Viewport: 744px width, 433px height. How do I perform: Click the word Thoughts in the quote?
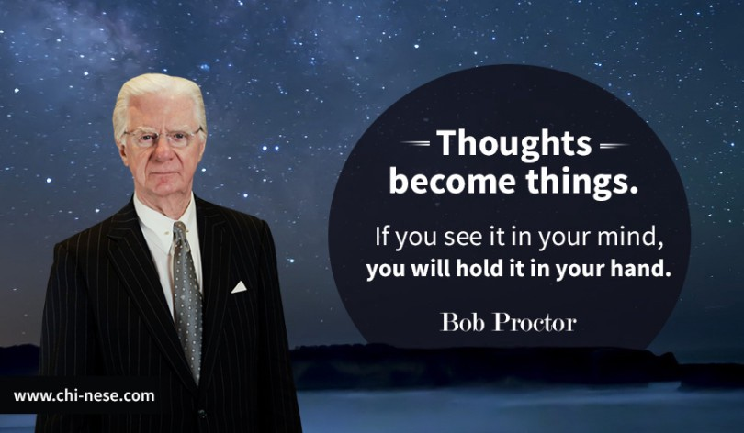(514, 143)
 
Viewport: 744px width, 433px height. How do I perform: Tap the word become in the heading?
(452, 182)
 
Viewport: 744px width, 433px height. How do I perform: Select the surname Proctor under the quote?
(535, 322)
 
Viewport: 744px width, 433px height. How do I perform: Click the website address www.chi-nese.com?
(84, 396)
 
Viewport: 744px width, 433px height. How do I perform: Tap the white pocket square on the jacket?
(239, 287)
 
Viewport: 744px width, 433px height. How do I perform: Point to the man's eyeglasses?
(163, 138)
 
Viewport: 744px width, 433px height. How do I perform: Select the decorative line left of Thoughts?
(415, 142)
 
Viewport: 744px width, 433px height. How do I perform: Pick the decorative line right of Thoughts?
(614, 146)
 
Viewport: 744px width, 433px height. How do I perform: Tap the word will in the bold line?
(431, 269)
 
